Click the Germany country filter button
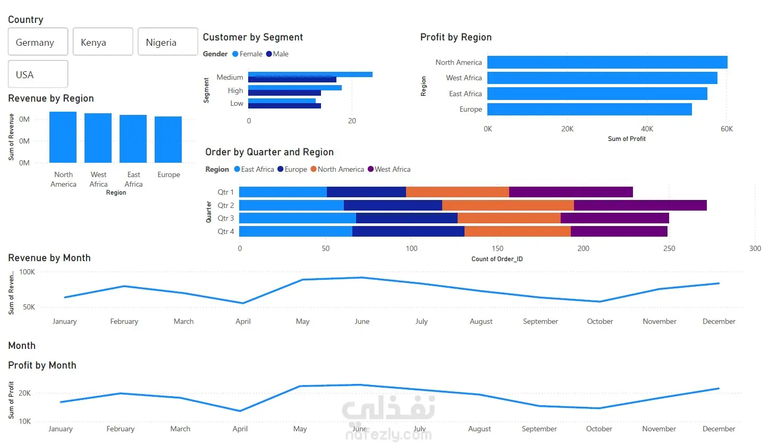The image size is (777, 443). tap(38, 41)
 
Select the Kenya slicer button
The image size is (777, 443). tap(103, 41)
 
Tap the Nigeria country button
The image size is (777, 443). tap(168, 41)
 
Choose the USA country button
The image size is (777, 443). tap(38, 74)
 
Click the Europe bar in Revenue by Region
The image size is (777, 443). tap(168, 139)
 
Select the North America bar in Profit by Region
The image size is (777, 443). tap(607, 62)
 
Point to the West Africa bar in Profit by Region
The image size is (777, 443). tap(602, 78)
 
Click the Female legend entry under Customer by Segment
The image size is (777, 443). tap(247, 54)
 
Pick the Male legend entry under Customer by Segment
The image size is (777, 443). tap(277, 54)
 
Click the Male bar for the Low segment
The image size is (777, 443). tap(284, 106)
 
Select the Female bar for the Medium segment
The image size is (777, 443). tap(310, 74)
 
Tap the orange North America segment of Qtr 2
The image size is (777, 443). tap(508, 205)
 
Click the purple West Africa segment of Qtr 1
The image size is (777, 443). tap(571, 192)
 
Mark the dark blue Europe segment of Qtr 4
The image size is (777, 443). tap(408, 231)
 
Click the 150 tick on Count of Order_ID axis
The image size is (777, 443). tap(497, 248)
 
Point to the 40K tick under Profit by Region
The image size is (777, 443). tap(647, 129)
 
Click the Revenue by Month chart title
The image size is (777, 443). tap(49, 258)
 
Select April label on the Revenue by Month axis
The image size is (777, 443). tap(243, 322)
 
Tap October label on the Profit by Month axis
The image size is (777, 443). tap(599, 429)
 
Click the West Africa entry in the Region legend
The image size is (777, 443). tap(389, 169)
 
